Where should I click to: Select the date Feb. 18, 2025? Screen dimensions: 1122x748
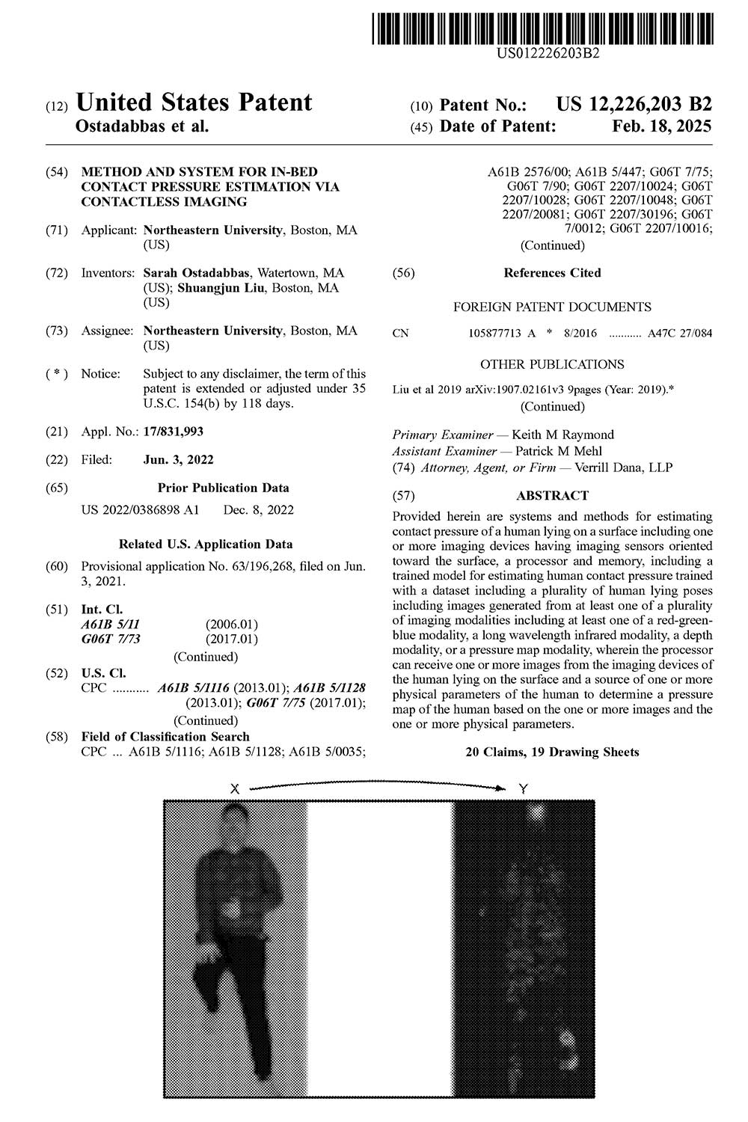tap(661, 126)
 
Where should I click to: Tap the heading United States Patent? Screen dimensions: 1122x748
tap(194, 102)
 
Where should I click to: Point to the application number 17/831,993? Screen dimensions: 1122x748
tap(173, 432)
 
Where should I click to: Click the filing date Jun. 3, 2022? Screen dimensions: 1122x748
tap(178, 460)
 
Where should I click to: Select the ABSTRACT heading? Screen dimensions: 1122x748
tap(552, 495)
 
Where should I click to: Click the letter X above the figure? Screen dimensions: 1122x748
tap(234, 788)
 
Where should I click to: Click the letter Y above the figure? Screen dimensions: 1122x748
tap(522, 788)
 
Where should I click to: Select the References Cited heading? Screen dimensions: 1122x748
tap(552, 273)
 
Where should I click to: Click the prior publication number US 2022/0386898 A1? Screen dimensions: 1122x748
tap(140, 510)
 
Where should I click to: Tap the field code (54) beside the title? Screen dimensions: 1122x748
tap(56, 172)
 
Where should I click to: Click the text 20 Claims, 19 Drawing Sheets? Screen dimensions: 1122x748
tap(552, 752)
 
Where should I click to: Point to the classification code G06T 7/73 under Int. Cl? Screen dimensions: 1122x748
tap(111, 639)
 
